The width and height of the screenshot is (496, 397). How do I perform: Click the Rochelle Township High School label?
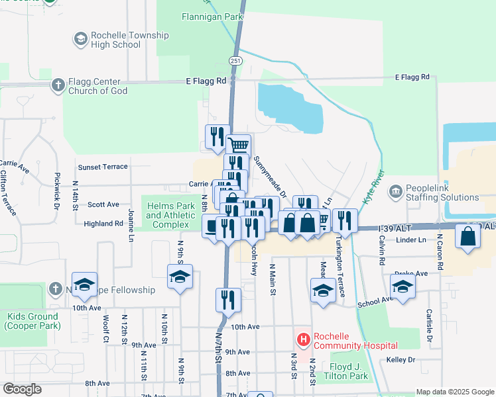(x=117, y=40)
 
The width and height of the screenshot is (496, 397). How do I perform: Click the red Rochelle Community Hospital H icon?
(x=304, y=340)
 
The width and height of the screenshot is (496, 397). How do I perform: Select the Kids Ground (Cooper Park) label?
(x=31, y=321)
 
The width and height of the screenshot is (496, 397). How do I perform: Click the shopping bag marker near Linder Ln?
(x=467, y=237)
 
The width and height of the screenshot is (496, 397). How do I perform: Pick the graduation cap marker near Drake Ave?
(x=403, y=286)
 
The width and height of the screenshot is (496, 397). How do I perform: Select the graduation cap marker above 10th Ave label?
(x=84, y=285)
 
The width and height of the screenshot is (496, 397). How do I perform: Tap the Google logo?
(x=23, y=389)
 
